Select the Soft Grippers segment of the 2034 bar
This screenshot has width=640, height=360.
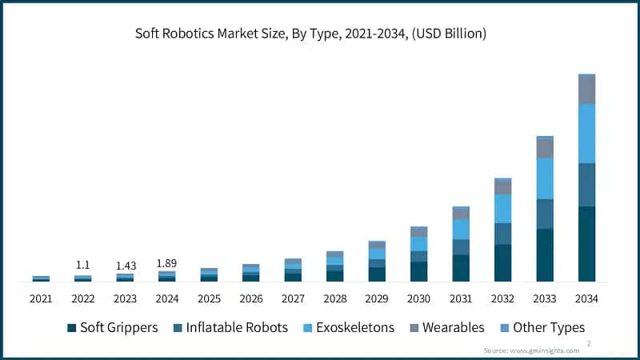(x=586, y=244)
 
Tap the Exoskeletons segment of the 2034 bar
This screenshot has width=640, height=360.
(x=586, y=134)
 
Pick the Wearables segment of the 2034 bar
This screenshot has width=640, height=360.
(x=586, y=90)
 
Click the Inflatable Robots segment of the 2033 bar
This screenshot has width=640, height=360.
(x=545, y=214)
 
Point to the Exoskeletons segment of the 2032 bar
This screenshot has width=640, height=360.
(x=502, y=209)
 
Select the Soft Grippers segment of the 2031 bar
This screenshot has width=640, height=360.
(x=461, y=268)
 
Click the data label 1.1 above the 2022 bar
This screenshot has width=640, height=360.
(x=82, y=265)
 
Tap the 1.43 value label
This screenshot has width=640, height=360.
(x=125, y=265)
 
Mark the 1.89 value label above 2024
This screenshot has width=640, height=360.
(x=166, y=262)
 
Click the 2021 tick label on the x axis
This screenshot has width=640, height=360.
(x=41, y=298)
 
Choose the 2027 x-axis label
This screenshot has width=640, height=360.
(x=293, y=298)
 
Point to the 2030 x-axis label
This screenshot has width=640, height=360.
(x=418, y=298)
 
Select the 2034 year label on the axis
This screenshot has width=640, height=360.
(x=586, y=298)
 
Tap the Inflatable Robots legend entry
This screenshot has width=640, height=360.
(x=229, y=328)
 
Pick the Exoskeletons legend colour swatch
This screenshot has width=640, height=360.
(x=308, y=328)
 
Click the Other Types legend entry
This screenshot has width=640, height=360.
(x=542, y=328)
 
